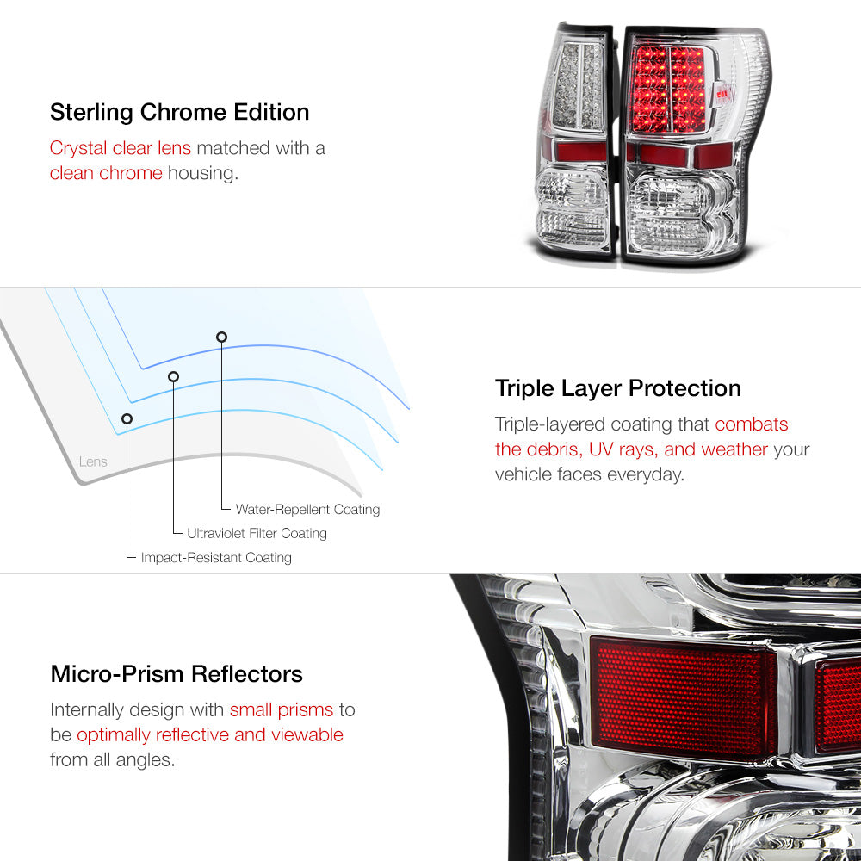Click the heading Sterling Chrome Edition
(x=180, y=112)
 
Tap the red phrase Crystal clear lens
(x=121, y=148)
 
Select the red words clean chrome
(x=106, y=173)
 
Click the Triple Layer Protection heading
(x=617, y=389)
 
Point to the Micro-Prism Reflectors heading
(x=177, y=674)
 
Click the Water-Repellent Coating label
(x=307, y=510)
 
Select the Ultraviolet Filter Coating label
(x=257, y=533)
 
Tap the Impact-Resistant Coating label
(x=216, y=558)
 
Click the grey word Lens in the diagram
(x=93, y=461)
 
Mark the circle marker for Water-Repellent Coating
(x=221, y=338)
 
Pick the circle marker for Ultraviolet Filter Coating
(x=174, y=377)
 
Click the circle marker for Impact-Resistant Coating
(x=127, y=419)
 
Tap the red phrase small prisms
(x=282, y=710)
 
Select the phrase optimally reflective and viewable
(x=210, y=734)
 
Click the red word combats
(x=751, y=424)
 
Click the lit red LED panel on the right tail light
(x=668, y=89)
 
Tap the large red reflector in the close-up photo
(x=684, y=698)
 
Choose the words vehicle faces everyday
(x=589, y=474)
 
